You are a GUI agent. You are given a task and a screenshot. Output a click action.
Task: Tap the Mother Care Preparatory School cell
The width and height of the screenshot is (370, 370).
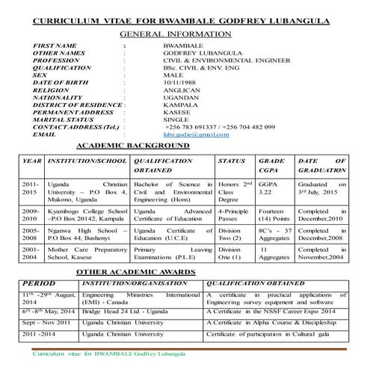[85, 253]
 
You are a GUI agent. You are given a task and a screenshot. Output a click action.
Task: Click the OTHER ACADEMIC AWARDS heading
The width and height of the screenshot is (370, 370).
[152, 274]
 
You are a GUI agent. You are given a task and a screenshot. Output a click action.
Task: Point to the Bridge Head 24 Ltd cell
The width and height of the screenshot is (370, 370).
[121, 309]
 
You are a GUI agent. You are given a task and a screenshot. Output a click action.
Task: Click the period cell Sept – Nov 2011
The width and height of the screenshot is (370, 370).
[47, 321]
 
